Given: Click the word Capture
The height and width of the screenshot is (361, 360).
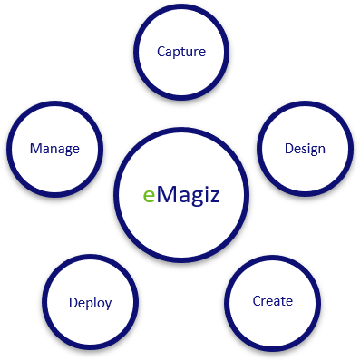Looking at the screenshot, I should [181, 52].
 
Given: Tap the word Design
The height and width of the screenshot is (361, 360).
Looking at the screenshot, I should [304, 149].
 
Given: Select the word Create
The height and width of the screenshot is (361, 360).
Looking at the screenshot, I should [272, 301].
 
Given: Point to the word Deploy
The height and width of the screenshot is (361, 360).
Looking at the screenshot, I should [90, 303].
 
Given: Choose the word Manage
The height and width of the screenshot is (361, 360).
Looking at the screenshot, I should [54, 149].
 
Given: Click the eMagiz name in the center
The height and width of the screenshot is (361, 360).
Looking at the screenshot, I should [181, 195].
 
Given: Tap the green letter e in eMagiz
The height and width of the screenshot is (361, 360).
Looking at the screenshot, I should [150, 196].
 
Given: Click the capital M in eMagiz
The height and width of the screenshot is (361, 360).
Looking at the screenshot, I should [167, 194].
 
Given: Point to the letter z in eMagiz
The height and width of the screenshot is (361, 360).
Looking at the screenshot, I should [212, 196].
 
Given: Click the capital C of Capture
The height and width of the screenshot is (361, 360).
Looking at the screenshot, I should [161, 52].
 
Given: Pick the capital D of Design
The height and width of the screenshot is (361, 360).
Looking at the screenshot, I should [288, 149].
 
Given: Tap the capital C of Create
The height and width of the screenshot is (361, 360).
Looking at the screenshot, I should [257, 301].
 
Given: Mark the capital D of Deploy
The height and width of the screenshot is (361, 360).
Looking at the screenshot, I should [73, 303].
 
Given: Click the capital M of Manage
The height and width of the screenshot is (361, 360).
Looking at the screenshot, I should [34, 149].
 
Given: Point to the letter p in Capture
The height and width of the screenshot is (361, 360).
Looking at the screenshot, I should [178, 54].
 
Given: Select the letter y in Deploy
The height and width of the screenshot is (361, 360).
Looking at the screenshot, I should [108, 306].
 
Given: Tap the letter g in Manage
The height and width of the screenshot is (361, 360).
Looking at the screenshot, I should [66, 151].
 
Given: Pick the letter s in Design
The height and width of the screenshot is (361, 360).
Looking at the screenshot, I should [305, 150].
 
